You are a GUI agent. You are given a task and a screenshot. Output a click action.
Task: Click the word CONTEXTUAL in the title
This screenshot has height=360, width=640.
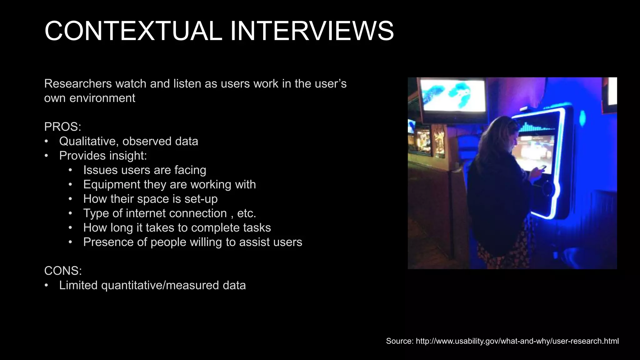pos(133,31)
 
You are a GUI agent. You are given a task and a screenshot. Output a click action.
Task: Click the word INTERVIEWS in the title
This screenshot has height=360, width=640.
pos(312,31)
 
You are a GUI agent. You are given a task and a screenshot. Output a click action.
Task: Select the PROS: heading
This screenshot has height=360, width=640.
pos(62,127)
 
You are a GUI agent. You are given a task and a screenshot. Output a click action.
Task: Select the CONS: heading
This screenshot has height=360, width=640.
pos(63,271)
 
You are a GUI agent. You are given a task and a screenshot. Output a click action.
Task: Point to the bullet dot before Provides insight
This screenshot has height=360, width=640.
pos(46,156)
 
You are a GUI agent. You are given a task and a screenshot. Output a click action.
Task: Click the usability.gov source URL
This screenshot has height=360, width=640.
pos(517,341)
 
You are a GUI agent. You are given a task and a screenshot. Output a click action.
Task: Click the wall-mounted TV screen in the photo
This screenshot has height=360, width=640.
pos(453,95)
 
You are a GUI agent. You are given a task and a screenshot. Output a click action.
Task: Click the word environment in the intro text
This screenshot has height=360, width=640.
pos(102,98)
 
